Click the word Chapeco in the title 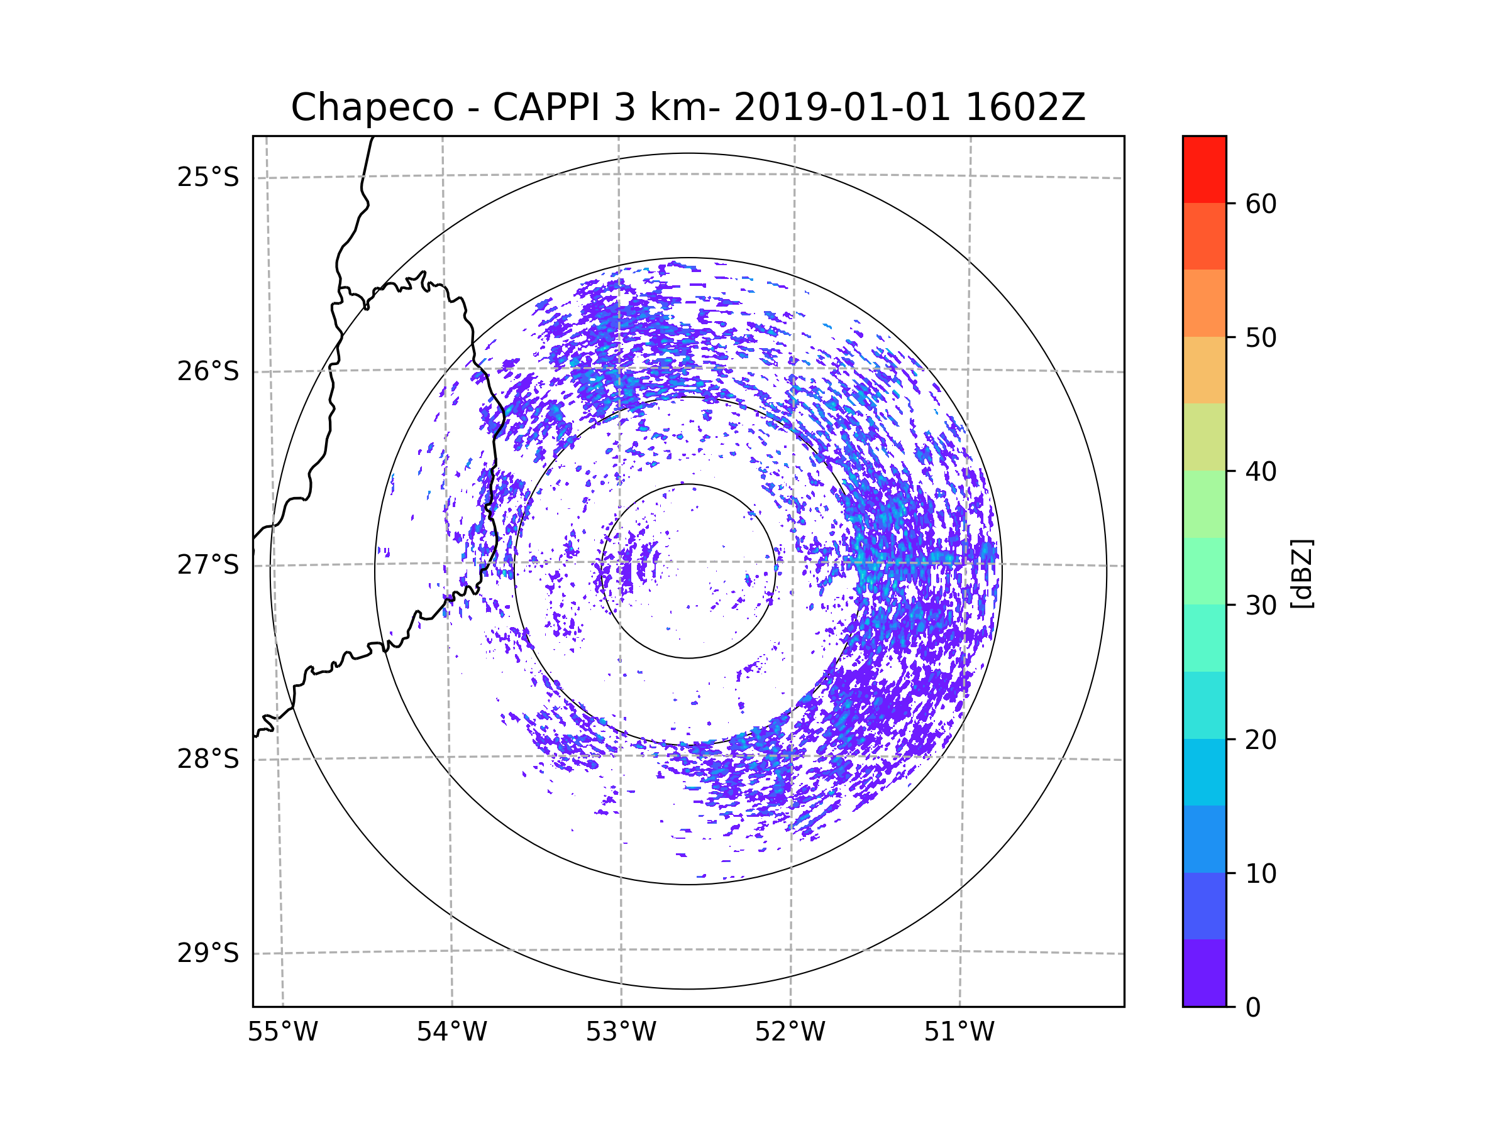372,107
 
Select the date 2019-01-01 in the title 841,107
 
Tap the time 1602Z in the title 1025,107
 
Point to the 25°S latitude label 208,177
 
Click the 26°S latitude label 208,371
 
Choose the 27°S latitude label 208,565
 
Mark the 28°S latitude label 208,759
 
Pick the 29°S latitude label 208,953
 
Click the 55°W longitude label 282,1032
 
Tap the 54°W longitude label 451,1032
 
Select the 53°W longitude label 621,1032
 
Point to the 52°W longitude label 790,1032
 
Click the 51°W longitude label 959,1032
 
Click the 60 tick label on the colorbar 1261,204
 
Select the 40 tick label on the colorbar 1261,472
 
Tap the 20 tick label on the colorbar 1261,740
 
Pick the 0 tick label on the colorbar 1253,1008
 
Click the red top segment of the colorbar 1204,169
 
